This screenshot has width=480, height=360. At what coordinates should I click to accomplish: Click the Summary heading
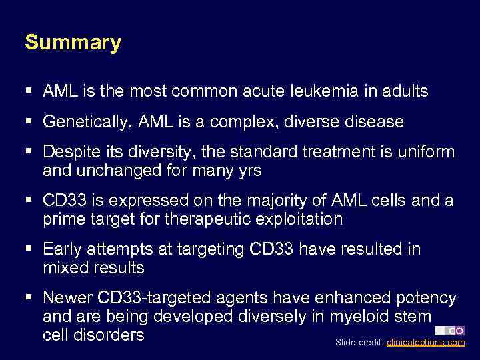[73, 43]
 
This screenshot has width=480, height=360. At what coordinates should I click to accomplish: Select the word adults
[406, 91]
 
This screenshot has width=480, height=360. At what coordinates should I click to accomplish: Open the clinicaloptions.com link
[425, 343]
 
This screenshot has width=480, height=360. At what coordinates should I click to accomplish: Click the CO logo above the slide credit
[449, 331]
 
